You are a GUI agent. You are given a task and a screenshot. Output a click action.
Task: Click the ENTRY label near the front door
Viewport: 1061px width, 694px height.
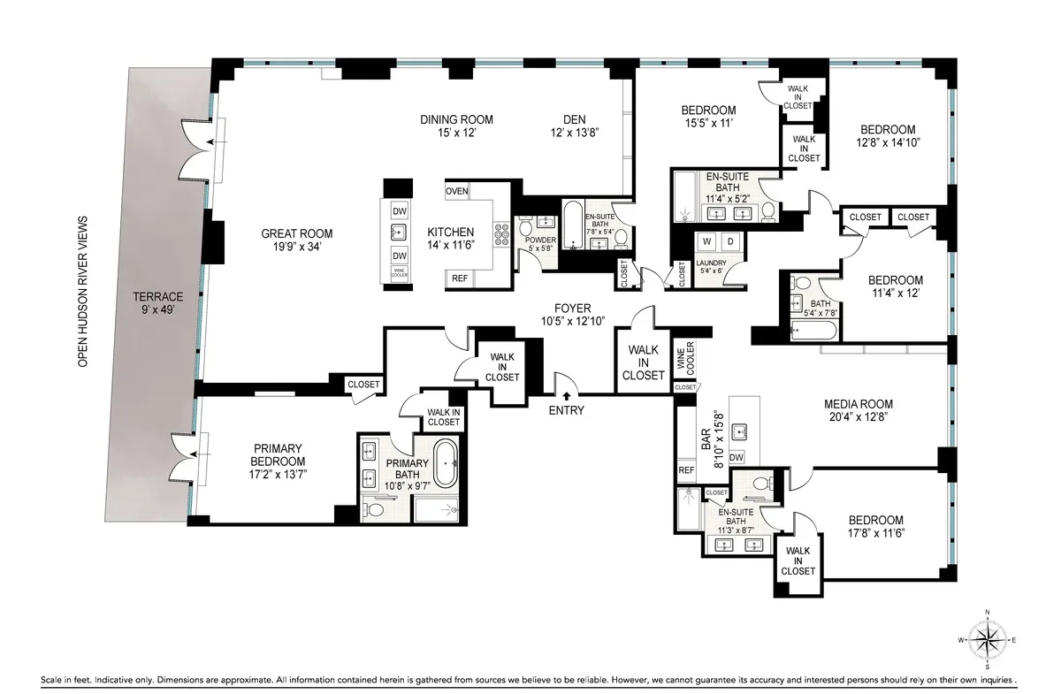tap(566, 410)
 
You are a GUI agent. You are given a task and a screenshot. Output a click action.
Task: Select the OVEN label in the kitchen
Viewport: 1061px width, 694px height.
tap(457, 191)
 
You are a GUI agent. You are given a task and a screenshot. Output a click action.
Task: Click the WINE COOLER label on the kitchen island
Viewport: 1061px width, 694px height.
tap(399, 274)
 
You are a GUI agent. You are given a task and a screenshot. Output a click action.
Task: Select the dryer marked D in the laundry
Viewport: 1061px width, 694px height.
tap(731, 241)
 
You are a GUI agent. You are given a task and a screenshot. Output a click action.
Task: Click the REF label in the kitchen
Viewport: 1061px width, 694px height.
tap(460, 278)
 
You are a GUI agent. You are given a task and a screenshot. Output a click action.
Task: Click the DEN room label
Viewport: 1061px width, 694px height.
tap(576, 119)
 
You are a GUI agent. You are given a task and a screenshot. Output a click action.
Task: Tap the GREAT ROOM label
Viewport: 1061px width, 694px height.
tap(296, 233)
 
